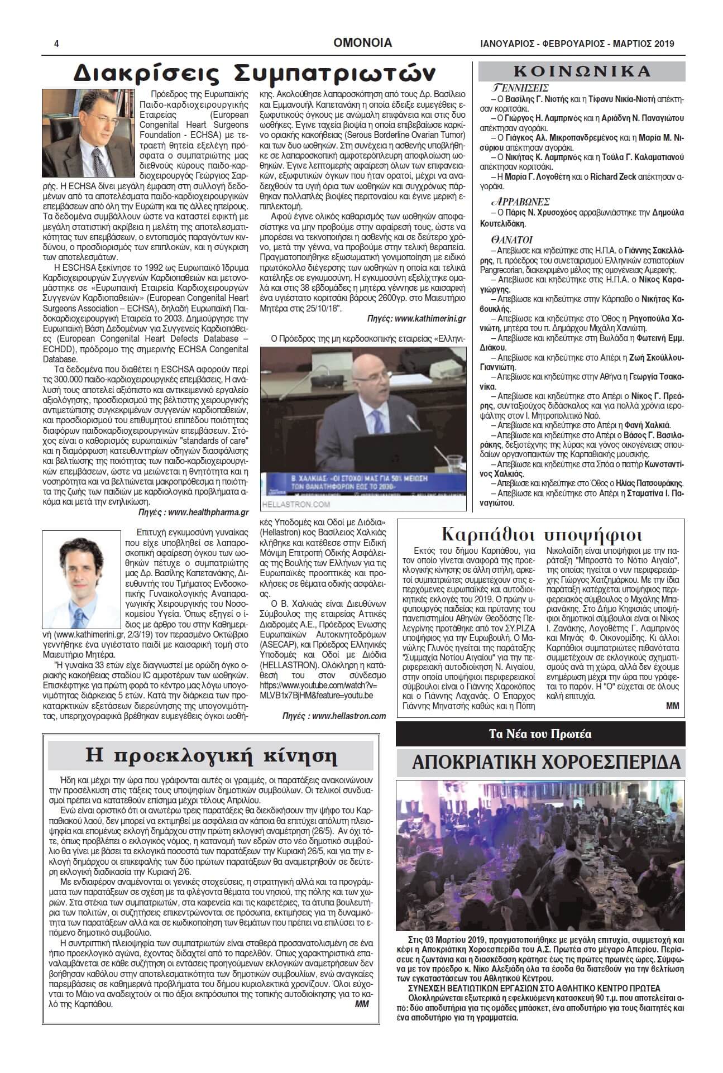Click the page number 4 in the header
click(x=56, y=44)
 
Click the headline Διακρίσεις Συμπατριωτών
click(x=255, y=73)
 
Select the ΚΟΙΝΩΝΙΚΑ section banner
click(x=582, y=71)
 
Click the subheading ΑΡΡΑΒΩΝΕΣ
click(x=520, y=202)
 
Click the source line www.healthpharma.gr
click(x=208, y=511)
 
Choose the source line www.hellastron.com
click(x=348, y=716)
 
